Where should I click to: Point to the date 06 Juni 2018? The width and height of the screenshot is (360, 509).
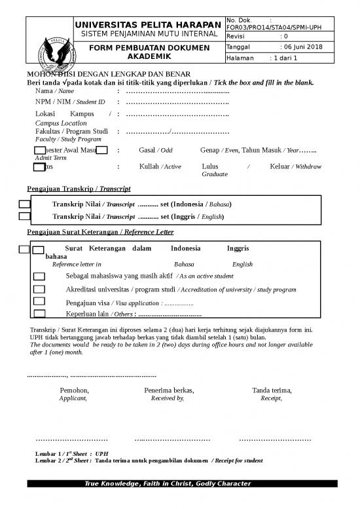click(301, 47)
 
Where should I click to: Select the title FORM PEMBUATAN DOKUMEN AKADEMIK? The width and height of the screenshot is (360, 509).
click(147, 52)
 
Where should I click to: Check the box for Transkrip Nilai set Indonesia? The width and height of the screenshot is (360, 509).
click(24, 204)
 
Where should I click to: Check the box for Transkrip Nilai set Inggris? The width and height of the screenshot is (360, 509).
click(24, 216)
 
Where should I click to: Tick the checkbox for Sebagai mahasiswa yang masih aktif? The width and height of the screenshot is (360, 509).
click(39, 276)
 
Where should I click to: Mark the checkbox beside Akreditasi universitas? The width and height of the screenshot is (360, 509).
click(39, 289)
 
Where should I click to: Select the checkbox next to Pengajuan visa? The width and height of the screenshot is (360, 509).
click(39, 301)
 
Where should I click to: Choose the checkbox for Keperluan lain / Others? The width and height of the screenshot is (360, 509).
click(39, 313)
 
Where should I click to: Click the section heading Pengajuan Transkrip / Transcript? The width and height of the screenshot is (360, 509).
click(79, 189)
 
